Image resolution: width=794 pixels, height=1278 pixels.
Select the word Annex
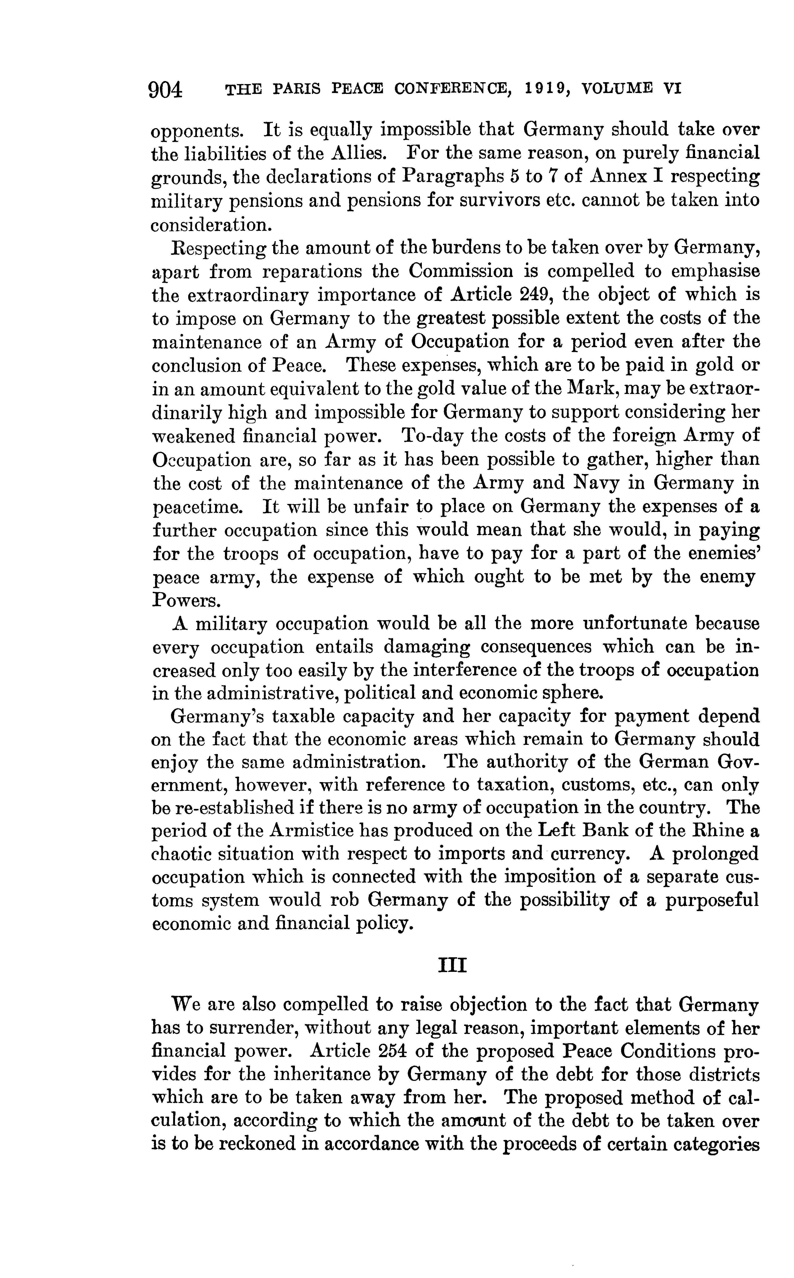[618, 176]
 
